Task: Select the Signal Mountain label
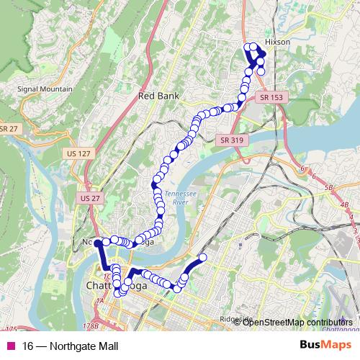(45, 89)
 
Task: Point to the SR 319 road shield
(230, 140)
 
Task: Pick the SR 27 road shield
(8, 129)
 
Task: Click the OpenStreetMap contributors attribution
(297, 322)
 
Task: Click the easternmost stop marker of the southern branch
(202, 257)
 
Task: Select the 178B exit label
(91, 326)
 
